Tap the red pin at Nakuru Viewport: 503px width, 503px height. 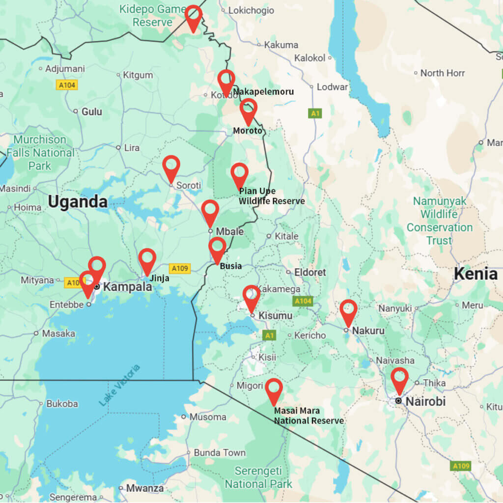tap(348, 311)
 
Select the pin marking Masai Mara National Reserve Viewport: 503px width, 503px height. tap(274, 390)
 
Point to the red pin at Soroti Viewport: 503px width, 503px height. tap(171, 167)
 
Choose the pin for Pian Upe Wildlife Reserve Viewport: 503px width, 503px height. tap(239, 174)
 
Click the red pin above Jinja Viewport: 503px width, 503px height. tap(147, 260)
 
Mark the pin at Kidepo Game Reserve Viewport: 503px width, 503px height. tap(194, 16)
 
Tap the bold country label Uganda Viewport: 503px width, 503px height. tap(78, 202)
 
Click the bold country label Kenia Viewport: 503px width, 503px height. tap(475, 274)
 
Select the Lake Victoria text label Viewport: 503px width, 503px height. tap(119, 385)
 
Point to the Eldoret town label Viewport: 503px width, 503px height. tap(309, 272)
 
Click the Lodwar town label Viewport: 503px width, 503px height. tap(332, 87)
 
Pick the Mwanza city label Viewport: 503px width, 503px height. tap(144, 488)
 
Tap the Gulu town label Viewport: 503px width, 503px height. tap(91, 112)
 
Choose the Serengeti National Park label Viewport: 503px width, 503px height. tap(258, 477)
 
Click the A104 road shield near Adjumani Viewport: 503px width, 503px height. tap(67, 85)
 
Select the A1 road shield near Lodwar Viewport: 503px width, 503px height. tap(315, 113)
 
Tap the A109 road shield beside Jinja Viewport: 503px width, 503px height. tap(179, 268)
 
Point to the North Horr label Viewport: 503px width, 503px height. tap(442, 73)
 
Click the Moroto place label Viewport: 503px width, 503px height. tap(248, 131)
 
